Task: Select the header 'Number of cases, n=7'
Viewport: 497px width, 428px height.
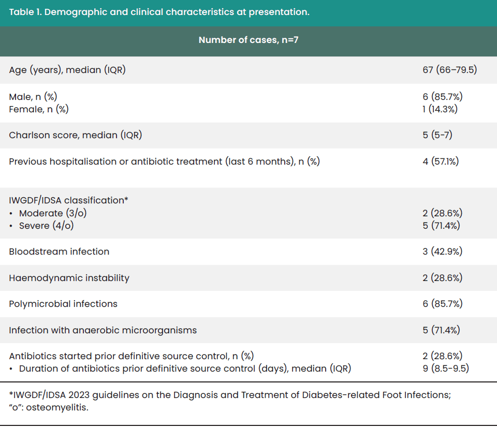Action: coord(248,40)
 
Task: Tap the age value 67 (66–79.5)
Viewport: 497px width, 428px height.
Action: coord(449,70)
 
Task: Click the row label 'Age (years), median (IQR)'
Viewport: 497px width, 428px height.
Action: coord(67,70)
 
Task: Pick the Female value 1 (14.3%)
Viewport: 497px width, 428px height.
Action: coord(440,109)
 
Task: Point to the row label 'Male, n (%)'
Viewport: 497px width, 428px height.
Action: coord(33,97)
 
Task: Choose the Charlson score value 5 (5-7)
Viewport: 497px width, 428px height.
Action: coord(437,135)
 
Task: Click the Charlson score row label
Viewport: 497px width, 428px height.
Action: coord(76,135)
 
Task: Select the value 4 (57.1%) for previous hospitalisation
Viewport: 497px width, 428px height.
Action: coord(441,161)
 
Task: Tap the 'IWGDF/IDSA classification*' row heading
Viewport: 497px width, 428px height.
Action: coord(68,200)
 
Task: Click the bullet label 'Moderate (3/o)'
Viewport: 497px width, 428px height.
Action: coord(53,213)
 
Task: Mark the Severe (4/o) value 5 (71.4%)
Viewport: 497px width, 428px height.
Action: coord(441,226)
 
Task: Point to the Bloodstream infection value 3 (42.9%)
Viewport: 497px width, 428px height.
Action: coord(443,252)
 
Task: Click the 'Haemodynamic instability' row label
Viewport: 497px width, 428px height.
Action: coord(69,278)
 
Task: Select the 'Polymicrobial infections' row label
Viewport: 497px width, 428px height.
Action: coord(63,304)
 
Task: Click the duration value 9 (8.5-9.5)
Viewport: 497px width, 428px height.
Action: coord(446,368)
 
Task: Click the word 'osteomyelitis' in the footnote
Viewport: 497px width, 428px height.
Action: coord(56,407)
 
